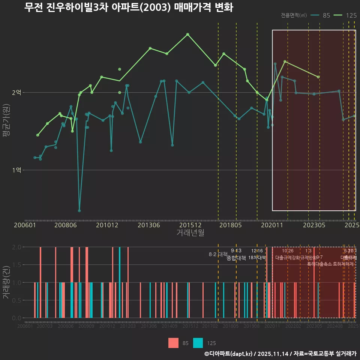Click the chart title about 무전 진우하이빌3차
129,7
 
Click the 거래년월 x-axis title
190,232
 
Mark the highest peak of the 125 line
187,34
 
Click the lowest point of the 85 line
79,211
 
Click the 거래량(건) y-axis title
6,282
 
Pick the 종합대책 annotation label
236,258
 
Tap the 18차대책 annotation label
257,258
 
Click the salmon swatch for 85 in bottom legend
173,343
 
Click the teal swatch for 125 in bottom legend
198,343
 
